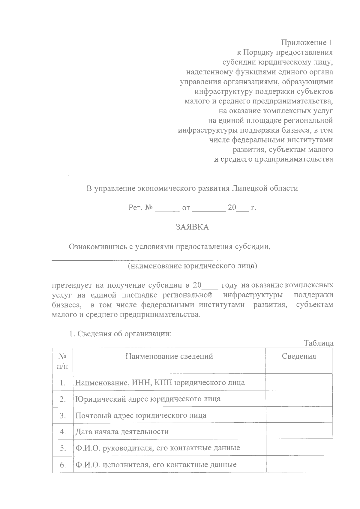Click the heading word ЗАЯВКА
[x=192, y=227]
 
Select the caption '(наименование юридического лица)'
[x=192, y=266]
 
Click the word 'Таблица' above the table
[x=319, y=343]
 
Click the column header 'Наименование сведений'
[x=169, y=356]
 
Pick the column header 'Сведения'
[x=299, y=356]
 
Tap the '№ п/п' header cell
[x=62, y=361]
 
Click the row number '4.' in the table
[x=63, y=432]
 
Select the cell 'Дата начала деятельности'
[x=122, y=432]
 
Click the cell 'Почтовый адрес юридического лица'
[x=141, y=415]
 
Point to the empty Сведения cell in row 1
[x=299, y=382]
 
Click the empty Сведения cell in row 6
[x=299, y=465]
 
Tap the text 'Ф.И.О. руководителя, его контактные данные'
[x=157, y=448]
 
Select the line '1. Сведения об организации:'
[x=120, y=334]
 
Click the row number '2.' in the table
[x=63, y=399]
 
